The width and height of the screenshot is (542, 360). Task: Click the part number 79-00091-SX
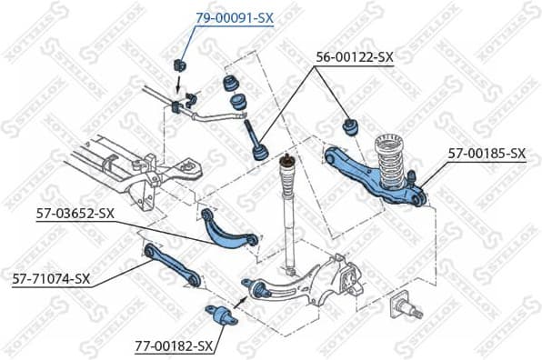[235, 17]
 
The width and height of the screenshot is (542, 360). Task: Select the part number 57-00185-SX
[487, 154]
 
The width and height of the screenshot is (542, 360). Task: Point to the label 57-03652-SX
[75, 215]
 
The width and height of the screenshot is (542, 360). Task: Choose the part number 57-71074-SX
[51, 278]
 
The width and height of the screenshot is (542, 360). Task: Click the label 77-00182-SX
[174, 346]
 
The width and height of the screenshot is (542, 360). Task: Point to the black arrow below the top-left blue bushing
[177, 86]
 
